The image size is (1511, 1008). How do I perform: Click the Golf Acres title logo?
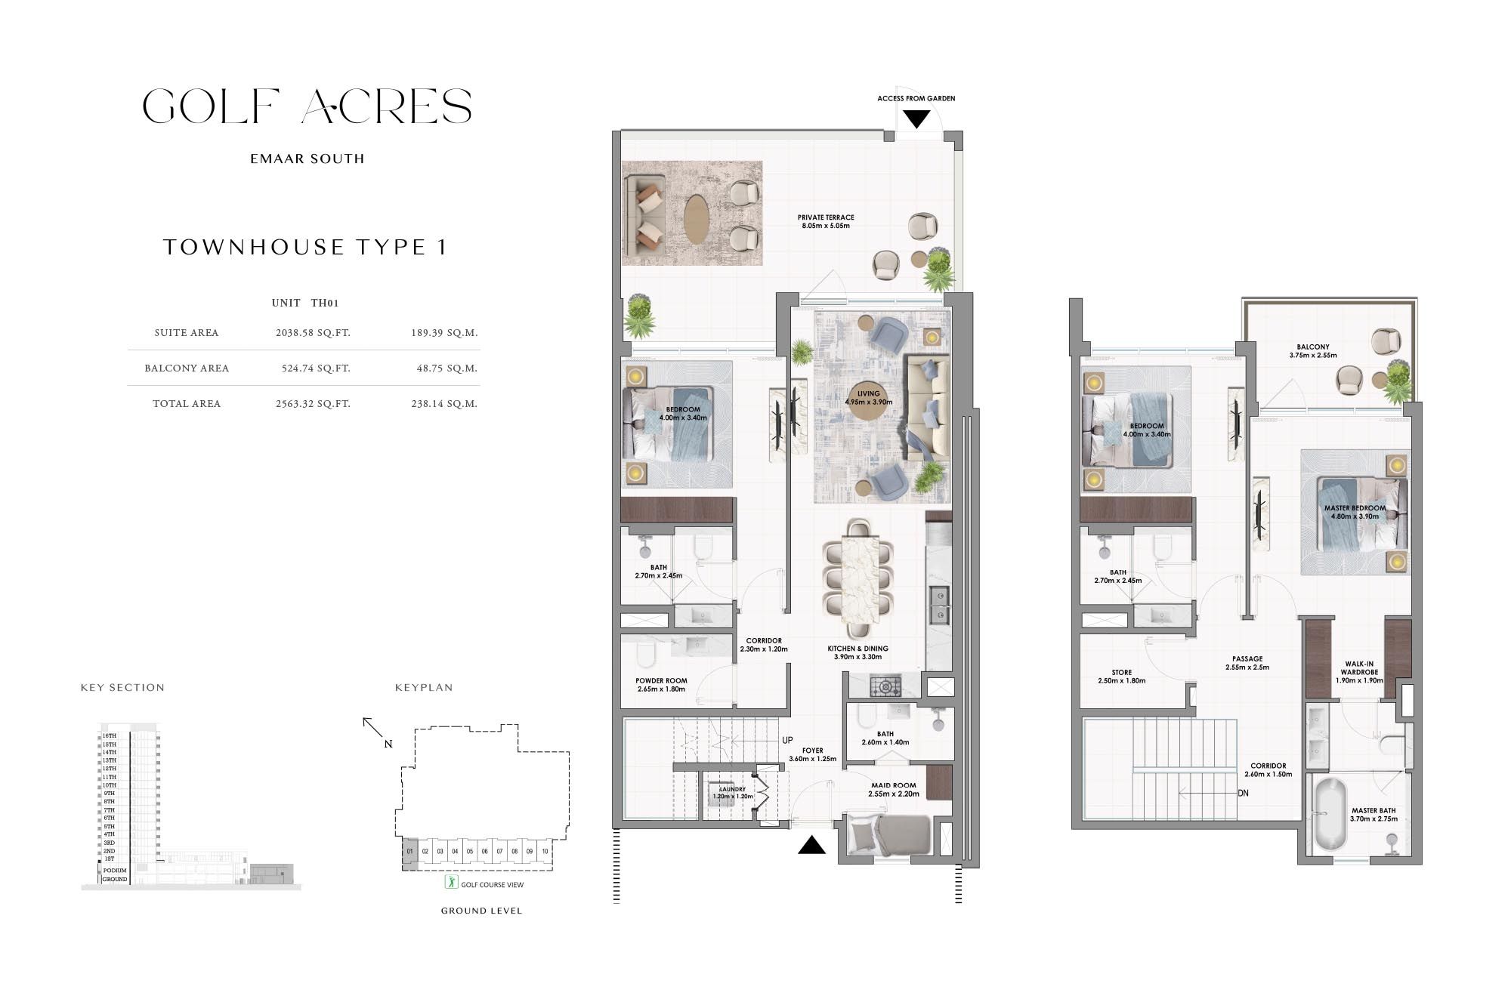coord(307,106)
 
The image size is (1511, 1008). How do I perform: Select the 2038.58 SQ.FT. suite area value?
coord(313,333)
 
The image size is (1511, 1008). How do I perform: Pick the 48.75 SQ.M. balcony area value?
coord(444,368)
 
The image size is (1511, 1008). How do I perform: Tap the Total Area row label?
coord(187,404)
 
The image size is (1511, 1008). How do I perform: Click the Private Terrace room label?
coord(826,221)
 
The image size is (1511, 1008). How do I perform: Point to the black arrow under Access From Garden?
coord(916,119)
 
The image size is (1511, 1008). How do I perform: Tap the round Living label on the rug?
coord(868,397)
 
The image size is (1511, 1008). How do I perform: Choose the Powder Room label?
coord(661,684)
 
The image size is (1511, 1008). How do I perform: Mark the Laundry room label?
coord(732,793)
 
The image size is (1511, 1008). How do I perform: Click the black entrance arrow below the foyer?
coord(811,845)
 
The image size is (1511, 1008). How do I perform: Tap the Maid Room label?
coord(893,789)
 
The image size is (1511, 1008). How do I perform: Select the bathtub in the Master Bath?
coord(1330,815)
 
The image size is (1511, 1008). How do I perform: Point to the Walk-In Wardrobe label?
coord(1359,672)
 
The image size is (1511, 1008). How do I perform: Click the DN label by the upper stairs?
coord(1243,794)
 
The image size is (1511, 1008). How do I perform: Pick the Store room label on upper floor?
coord(1121,676)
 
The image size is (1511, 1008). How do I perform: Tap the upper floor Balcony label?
coord(1313,351)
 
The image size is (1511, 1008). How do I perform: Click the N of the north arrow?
coord(388,744)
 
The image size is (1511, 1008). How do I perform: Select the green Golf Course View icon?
coord(451,882)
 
